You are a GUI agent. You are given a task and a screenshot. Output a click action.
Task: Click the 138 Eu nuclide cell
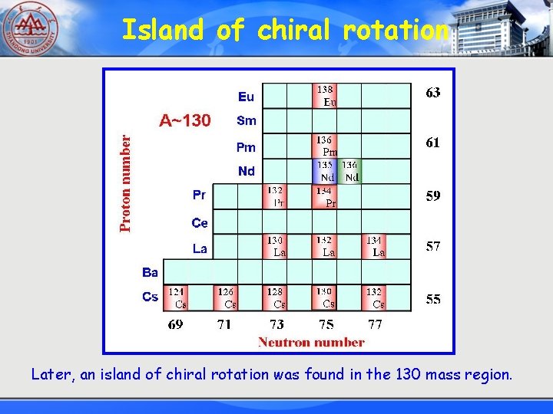pos(325,96)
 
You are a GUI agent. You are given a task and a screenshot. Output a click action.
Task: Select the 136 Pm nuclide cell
pos(325,146)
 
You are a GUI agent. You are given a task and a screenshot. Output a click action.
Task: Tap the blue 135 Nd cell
pos(325,171)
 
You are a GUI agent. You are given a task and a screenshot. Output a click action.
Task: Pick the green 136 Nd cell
pos(349,171)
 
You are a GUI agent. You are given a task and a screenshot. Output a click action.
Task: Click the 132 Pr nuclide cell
pos(275,196)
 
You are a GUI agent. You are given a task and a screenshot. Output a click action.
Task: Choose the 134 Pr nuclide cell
pos(325,196)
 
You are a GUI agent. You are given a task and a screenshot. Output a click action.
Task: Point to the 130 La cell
pos(275,246)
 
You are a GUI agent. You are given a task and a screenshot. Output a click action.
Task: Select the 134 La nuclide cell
pos(374,246)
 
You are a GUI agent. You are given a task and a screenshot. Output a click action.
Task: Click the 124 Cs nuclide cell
pos(176,297)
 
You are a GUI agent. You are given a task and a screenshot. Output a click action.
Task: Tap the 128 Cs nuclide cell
pos(275,297)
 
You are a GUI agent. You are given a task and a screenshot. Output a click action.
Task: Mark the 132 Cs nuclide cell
pos(374,297)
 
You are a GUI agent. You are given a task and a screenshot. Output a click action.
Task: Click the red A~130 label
pos(184,120)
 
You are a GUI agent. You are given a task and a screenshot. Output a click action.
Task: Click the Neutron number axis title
pos(311,342)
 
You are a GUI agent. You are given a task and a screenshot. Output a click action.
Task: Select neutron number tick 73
pos(276,324)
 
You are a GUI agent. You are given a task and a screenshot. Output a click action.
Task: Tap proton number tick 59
pos(433,196)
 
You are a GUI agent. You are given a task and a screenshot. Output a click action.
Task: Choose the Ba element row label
pos(150,272)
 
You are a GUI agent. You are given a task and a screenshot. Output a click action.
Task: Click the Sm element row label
pos(247,120)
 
